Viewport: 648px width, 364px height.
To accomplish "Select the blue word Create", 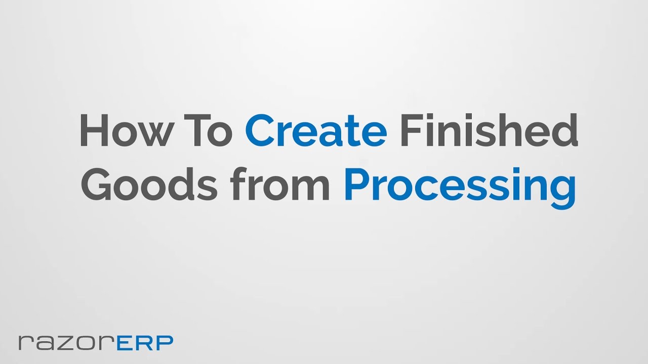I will pyautogui.click(x=316, y=130).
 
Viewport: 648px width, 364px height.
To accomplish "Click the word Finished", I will pyautogui.click(x=489, y=130).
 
